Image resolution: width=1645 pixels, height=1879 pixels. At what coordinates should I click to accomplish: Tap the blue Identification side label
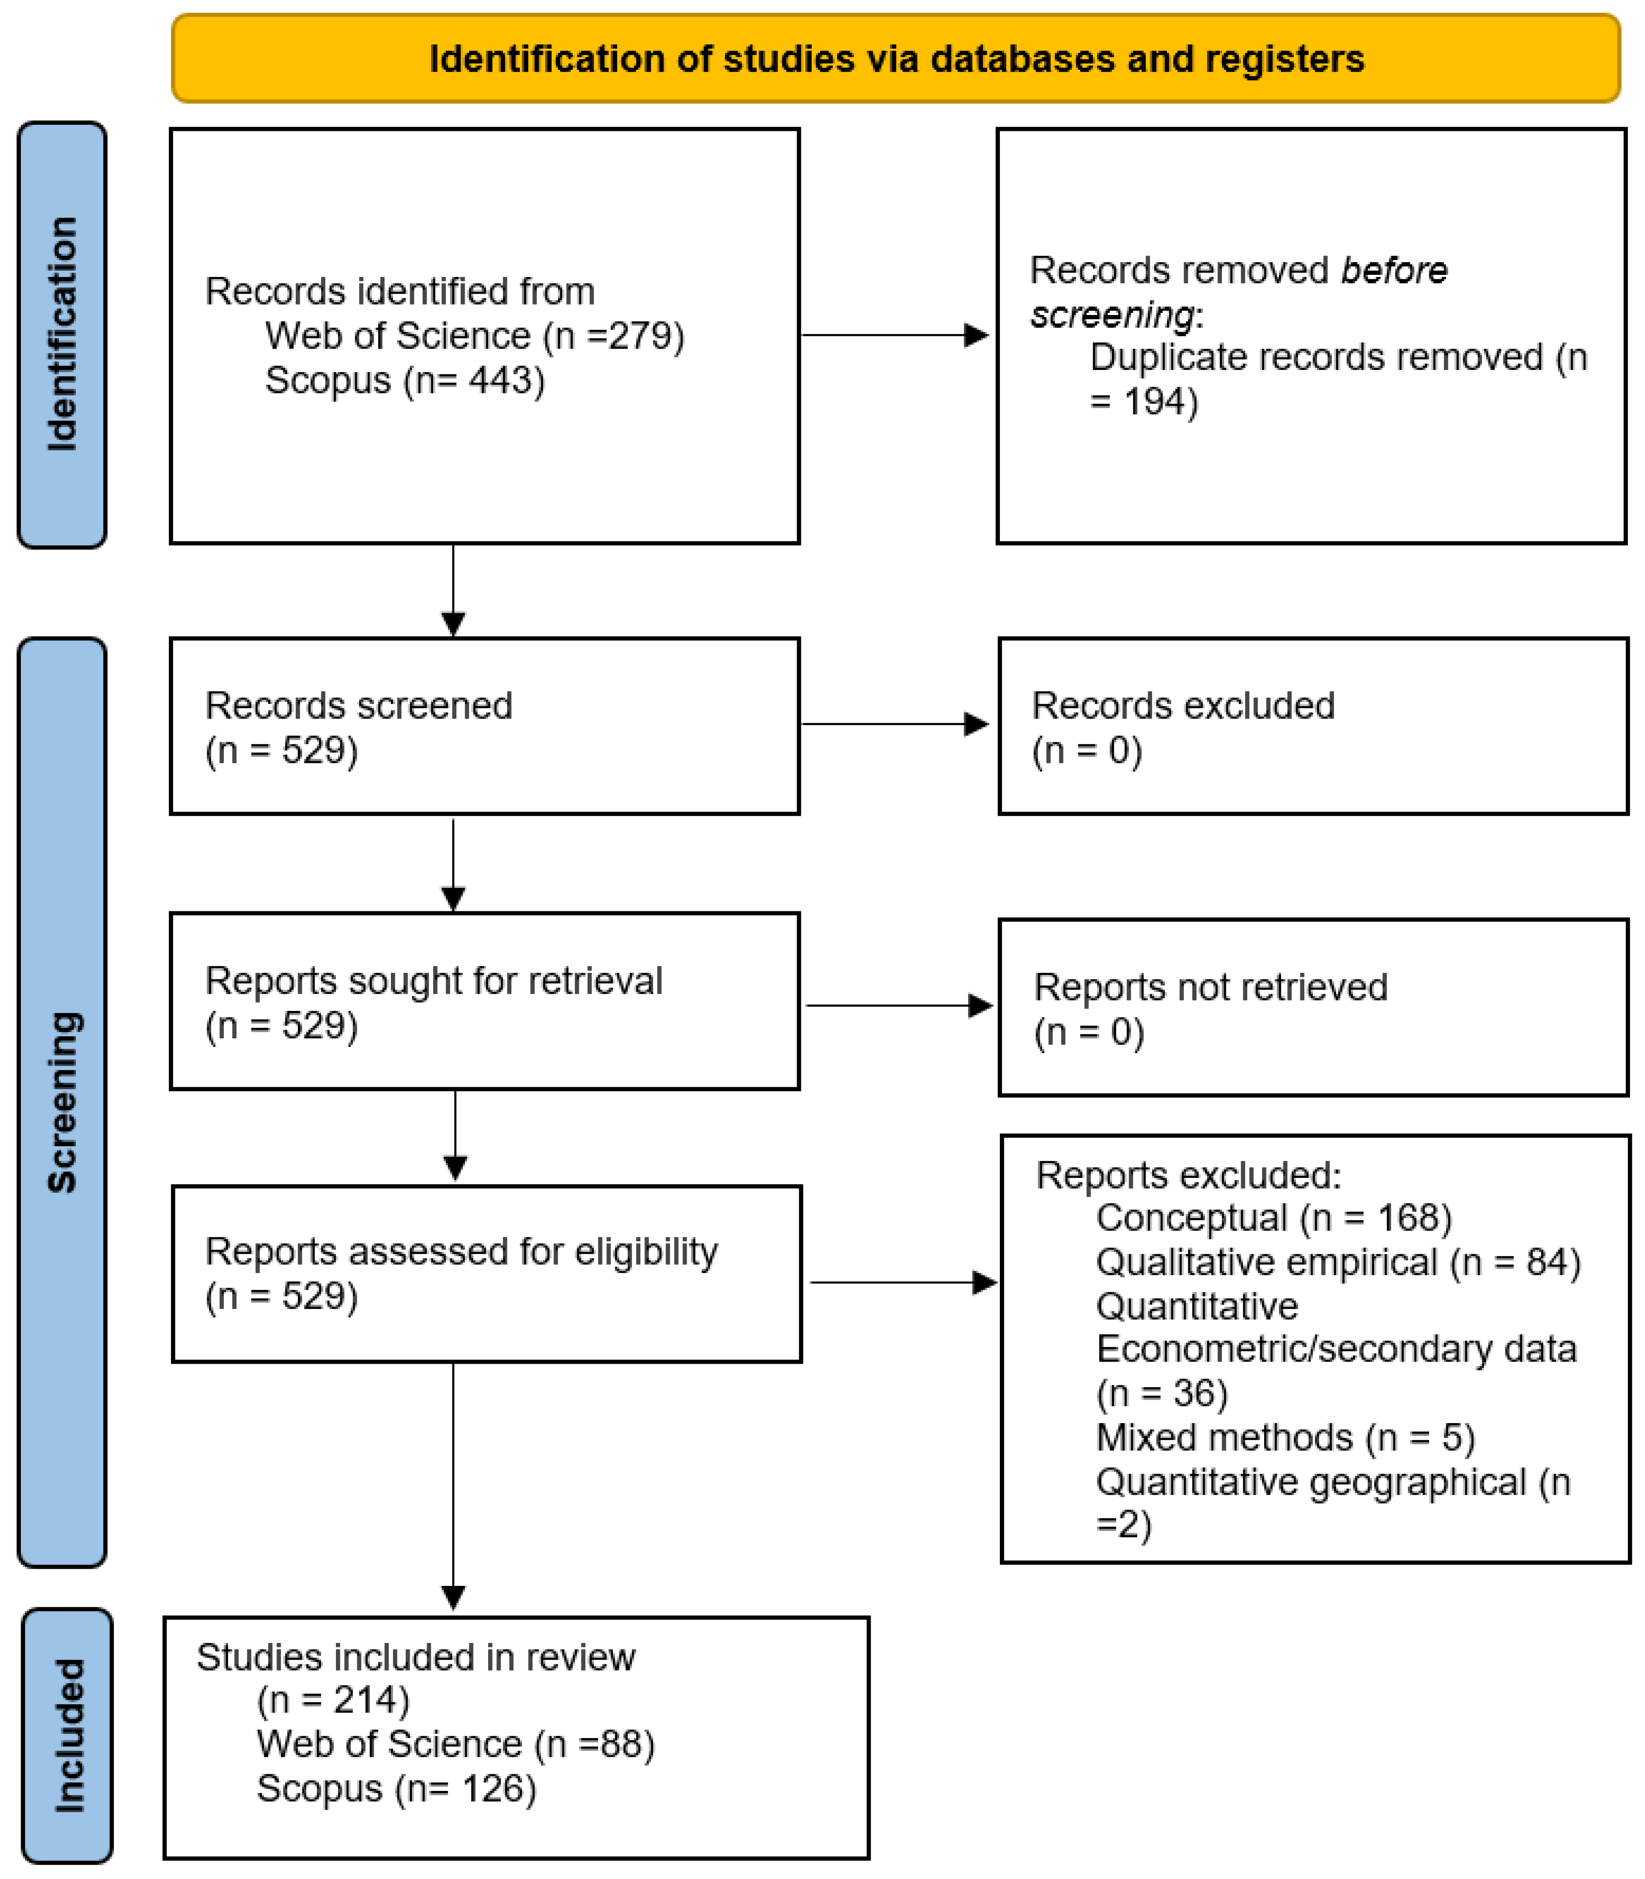(62, 335)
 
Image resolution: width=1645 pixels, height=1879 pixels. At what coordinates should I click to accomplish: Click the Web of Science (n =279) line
(475, 336)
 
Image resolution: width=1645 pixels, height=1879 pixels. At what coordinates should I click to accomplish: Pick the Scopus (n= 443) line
(405, 380)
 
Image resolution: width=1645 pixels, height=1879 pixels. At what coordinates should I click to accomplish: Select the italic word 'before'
(1395, 270)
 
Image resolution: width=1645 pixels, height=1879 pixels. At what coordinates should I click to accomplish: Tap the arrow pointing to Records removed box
(895, 335)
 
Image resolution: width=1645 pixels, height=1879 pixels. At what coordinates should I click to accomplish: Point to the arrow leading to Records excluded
(895, 724)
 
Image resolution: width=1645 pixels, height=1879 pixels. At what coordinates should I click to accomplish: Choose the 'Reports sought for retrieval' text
(433, 980)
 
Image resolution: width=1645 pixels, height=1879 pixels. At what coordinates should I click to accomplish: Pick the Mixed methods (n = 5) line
(1285, 1437)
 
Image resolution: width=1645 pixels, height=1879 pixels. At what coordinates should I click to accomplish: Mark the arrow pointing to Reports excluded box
(903, 1282)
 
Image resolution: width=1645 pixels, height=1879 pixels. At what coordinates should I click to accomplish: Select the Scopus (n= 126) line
(397, 1788)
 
